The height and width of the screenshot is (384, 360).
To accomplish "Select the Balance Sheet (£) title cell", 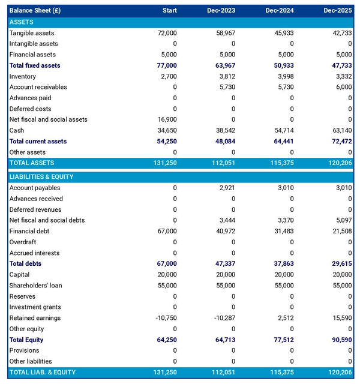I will pyautogui.click(x=35, y=10).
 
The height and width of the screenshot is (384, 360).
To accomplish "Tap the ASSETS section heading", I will pyautogui.click(x=22, y=22).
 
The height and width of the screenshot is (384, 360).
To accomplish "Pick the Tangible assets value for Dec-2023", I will pyautogui.click(x=226, y=33).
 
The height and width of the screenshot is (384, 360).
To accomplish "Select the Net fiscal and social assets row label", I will pyautogui.click(x=48, y=119).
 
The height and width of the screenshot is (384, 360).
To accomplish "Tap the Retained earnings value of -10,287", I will pyautogui.click(x=224, y=318).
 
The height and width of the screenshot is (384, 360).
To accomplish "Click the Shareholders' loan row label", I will pyautogui.click(x=35, y=286).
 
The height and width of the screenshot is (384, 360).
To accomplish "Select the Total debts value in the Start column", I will pyautogui.click(x=166, y=263).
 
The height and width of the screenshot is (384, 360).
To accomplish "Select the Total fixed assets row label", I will pyautogui.click(x=35, y=65).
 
